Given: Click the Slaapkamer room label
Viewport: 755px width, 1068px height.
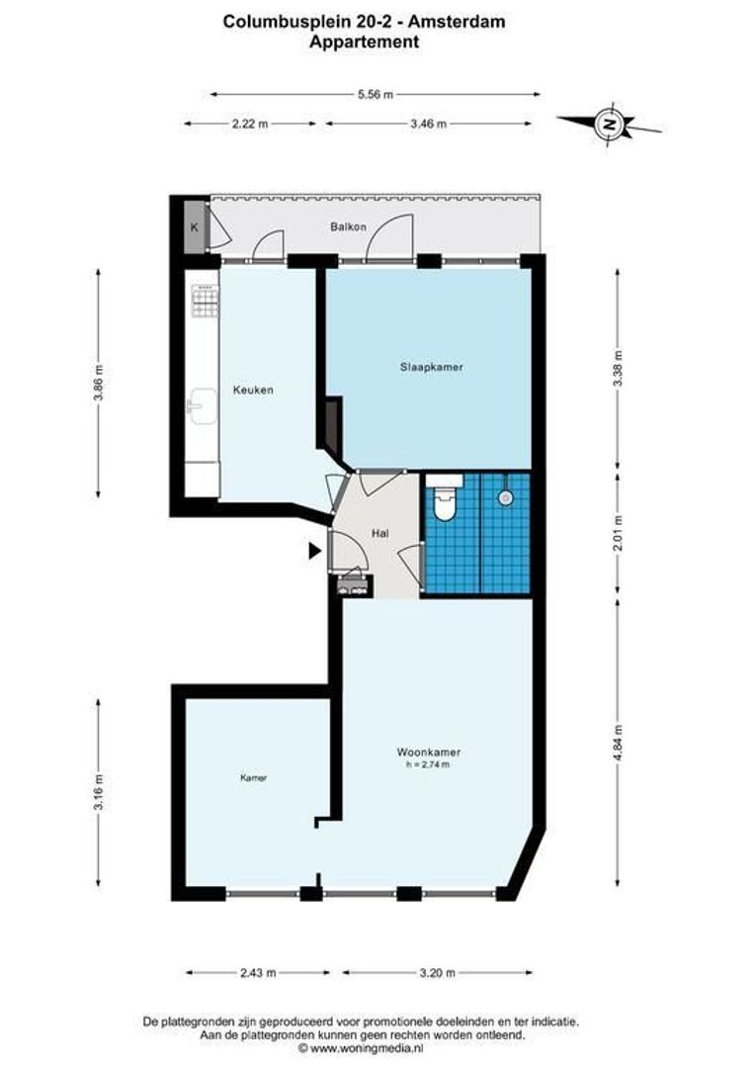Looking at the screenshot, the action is pyautogui.click(x=432, y=367).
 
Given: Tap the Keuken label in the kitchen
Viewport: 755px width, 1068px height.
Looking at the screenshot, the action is pyautogui.click(x=253, y=391).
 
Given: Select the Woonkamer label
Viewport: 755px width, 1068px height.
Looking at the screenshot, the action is pyautogui.click(x=429, y=753).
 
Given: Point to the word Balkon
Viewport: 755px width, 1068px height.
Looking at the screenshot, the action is pyautogui.click(x=349, y=226).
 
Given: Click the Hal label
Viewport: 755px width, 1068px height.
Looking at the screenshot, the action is pyautogui.click(x=380, y=534).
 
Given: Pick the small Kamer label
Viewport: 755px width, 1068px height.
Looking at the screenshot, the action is pyautogui.click(x=253, y=777).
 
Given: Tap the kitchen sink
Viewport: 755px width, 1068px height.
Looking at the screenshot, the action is pyautogui.click(x=203, y=406).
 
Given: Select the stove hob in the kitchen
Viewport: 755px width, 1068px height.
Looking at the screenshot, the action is pyautogui.click(x=205, y=302).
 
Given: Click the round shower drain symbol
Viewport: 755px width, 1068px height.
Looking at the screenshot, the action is pyautogui.click(x=504, y=497).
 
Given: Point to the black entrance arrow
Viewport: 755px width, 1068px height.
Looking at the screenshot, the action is pyautogui.click(x=314, y=551).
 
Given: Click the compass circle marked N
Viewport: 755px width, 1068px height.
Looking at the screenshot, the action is pyautogui.click(x=611, y=124).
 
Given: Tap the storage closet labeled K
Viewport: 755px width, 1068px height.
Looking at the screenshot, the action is pyautogui.click(x=196, y=227).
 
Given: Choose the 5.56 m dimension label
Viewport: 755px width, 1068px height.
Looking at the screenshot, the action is pyautogui.click(x=376, y=95).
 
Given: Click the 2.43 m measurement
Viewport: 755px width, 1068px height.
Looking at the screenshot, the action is pyautogui.click(x=258, y=973).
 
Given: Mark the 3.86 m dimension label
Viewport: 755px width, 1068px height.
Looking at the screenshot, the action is pyautogui.click(x=100, y=384).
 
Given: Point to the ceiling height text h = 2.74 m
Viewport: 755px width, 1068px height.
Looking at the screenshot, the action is pyautogui.click(x=428, y=764).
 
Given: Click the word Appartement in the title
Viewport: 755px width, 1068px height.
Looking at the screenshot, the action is pyautogui.click(x=365, y=42).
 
